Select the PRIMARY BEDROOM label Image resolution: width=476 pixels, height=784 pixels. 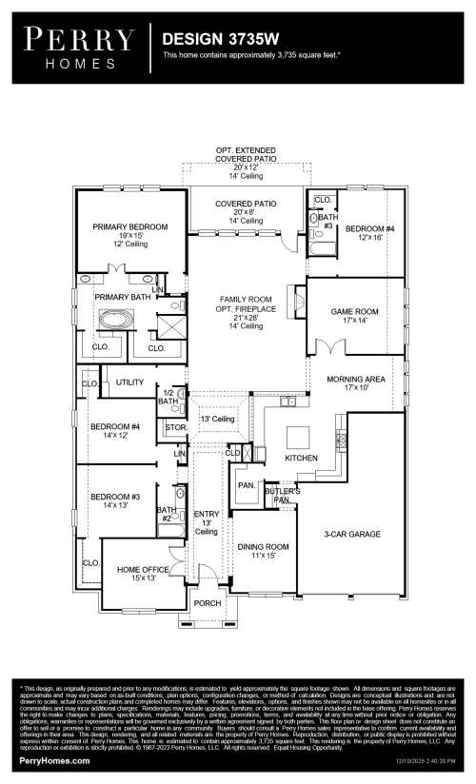pyautogui.click(x=129, y=226)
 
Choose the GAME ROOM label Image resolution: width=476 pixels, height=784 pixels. pyautogui.click(x=354, y=312)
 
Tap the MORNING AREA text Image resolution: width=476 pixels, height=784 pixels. pyautogui.click(x=355, y=379)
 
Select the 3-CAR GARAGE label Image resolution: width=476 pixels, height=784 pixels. pyautogui.click(x=353, y=535)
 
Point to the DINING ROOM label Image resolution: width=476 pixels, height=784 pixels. pyautogui.click(x=264, y=546)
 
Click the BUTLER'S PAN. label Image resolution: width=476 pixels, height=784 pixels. pyautogui.click(x=282, y=495)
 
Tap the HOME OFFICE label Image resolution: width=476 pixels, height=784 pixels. pyautogui.click(x=143, y=569)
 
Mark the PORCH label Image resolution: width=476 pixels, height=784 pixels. pyautogui.click(x=208, y=603)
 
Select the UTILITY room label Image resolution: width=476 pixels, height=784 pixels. pyautogui.click(x=129, y=382)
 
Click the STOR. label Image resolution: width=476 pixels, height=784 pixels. pyautogui.click(x=174, y=428)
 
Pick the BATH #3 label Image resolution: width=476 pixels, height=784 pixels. pyautogui.click(x=326, y=222)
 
